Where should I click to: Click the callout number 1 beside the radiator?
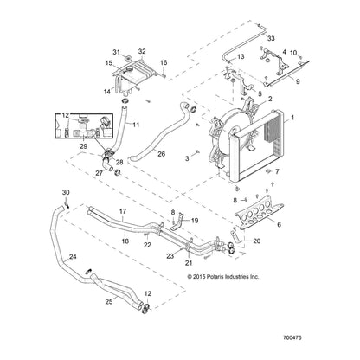292,118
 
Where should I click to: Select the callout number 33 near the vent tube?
271,38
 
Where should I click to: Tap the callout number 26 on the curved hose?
162,154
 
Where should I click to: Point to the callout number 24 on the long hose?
73,256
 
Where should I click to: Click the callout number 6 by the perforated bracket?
279,224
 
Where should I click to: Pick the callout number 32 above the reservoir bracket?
142,51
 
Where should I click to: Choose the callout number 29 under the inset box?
83,146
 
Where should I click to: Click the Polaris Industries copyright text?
223,277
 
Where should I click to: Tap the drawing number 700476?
292,337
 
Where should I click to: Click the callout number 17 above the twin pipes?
123,211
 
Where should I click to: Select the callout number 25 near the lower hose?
109,302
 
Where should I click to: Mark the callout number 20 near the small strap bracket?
256,241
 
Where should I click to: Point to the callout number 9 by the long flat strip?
298,81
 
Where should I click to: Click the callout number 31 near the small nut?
116,52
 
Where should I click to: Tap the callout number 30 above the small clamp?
66,192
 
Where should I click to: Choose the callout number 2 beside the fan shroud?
270,99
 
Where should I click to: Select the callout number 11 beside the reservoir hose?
136,125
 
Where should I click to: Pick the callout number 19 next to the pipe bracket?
195,221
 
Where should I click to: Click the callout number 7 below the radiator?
277,171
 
